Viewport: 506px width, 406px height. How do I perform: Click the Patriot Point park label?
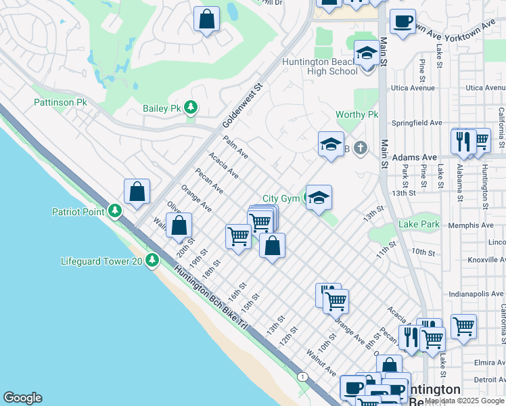[x=78, y=212]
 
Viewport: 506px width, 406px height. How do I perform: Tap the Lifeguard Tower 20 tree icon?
[x=154, y=260]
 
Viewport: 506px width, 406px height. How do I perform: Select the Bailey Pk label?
[x=162, y=108]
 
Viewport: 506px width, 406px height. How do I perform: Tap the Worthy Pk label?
[x=356, y=115]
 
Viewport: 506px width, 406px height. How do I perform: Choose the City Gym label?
[x=281, y=198]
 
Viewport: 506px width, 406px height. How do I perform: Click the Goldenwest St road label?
[x=241, y=107]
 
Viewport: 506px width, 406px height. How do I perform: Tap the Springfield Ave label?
[x=417, y=123]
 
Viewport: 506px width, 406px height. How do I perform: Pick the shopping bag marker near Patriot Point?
[x=137, y=191]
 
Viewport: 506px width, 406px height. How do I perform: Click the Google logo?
[x=22, y=398]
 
